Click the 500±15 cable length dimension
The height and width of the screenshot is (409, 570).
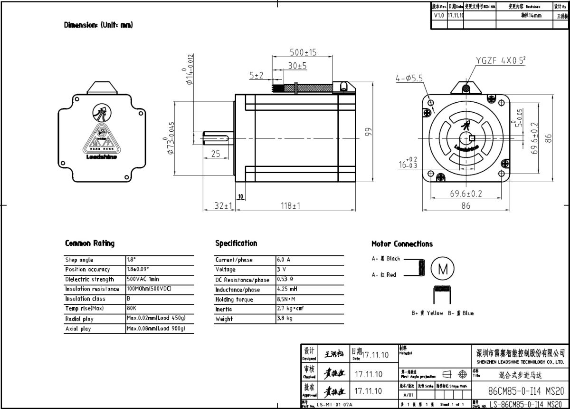click(303, 52)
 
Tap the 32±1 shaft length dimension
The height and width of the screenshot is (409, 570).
click(222, 206)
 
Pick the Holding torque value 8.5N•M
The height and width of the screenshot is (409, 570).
click(285, 299)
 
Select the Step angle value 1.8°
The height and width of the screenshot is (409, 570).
click(132, 260)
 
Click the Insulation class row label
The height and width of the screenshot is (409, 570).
click(85, 299)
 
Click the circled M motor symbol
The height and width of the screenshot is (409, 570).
click(442, 269)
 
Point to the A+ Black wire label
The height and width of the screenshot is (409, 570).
click(386, 259)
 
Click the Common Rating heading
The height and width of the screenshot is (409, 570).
click(90, 243)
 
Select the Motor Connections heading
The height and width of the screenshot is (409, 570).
click(402, 243)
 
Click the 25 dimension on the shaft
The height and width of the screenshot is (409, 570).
click(216, 154)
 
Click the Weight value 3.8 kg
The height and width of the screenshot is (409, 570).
click(285, 319)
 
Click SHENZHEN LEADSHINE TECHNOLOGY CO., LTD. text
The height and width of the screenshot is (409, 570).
click(520, 361)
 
